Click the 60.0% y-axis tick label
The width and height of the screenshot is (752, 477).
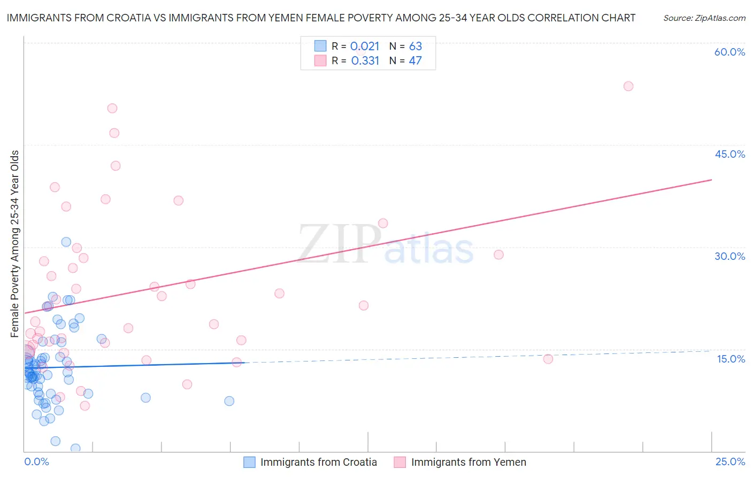(x=730, y=52)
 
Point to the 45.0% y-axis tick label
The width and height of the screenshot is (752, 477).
(x=730, y=154)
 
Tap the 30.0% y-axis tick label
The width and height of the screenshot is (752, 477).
(x=730, y=256)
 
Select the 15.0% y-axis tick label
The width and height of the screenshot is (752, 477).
(x=731, y=359)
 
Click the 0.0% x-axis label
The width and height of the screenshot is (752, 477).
(x=36, y=461)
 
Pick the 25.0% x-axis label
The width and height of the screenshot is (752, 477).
(x=730, y=461)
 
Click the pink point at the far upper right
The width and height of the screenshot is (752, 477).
(x=628, y=86)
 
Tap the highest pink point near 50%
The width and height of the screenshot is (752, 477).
(x=112, y=108)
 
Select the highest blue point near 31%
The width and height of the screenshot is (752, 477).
(x=66, y=242)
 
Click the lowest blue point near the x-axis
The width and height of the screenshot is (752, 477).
(x=75, y=448)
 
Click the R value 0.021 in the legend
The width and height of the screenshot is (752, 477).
(x=365, y=47)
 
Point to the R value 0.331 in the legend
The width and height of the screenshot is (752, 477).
(x=365, y=61)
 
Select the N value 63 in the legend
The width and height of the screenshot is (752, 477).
(x=416, y=47)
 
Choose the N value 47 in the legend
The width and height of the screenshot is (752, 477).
(x=416, y=61)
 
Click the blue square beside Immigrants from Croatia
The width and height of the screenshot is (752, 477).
(x=249, y=462)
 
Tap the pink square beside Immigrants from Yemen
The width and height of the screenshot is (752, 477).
(x=400, y=462)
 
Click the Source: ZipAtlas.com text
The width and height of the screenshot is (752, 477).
(x=704, y=18)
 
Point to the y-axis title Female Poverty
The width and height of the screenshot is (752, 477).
(x=15, y=244)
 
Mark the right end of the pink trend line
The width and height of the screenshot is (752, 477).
(x=711, y=180)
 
